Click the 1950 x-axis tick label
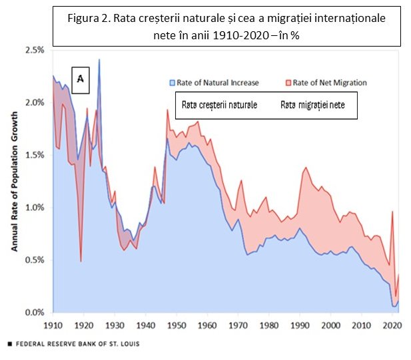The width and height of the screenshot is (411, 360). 176,325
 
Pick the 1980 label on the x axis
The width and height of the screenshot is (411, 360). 268,325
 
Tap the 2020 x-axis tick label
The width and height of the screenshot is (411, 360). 392,325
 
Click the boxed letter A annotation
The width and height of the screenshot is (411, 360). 80,79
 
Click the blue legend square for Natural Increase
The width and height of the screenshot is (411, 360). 171,83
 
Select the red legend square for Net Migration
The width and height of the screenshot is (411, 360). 287,83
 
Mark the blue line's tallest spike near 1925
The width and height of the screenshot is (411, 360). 99,60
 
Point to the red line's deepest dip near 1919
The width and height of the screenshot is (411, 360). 81,261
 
